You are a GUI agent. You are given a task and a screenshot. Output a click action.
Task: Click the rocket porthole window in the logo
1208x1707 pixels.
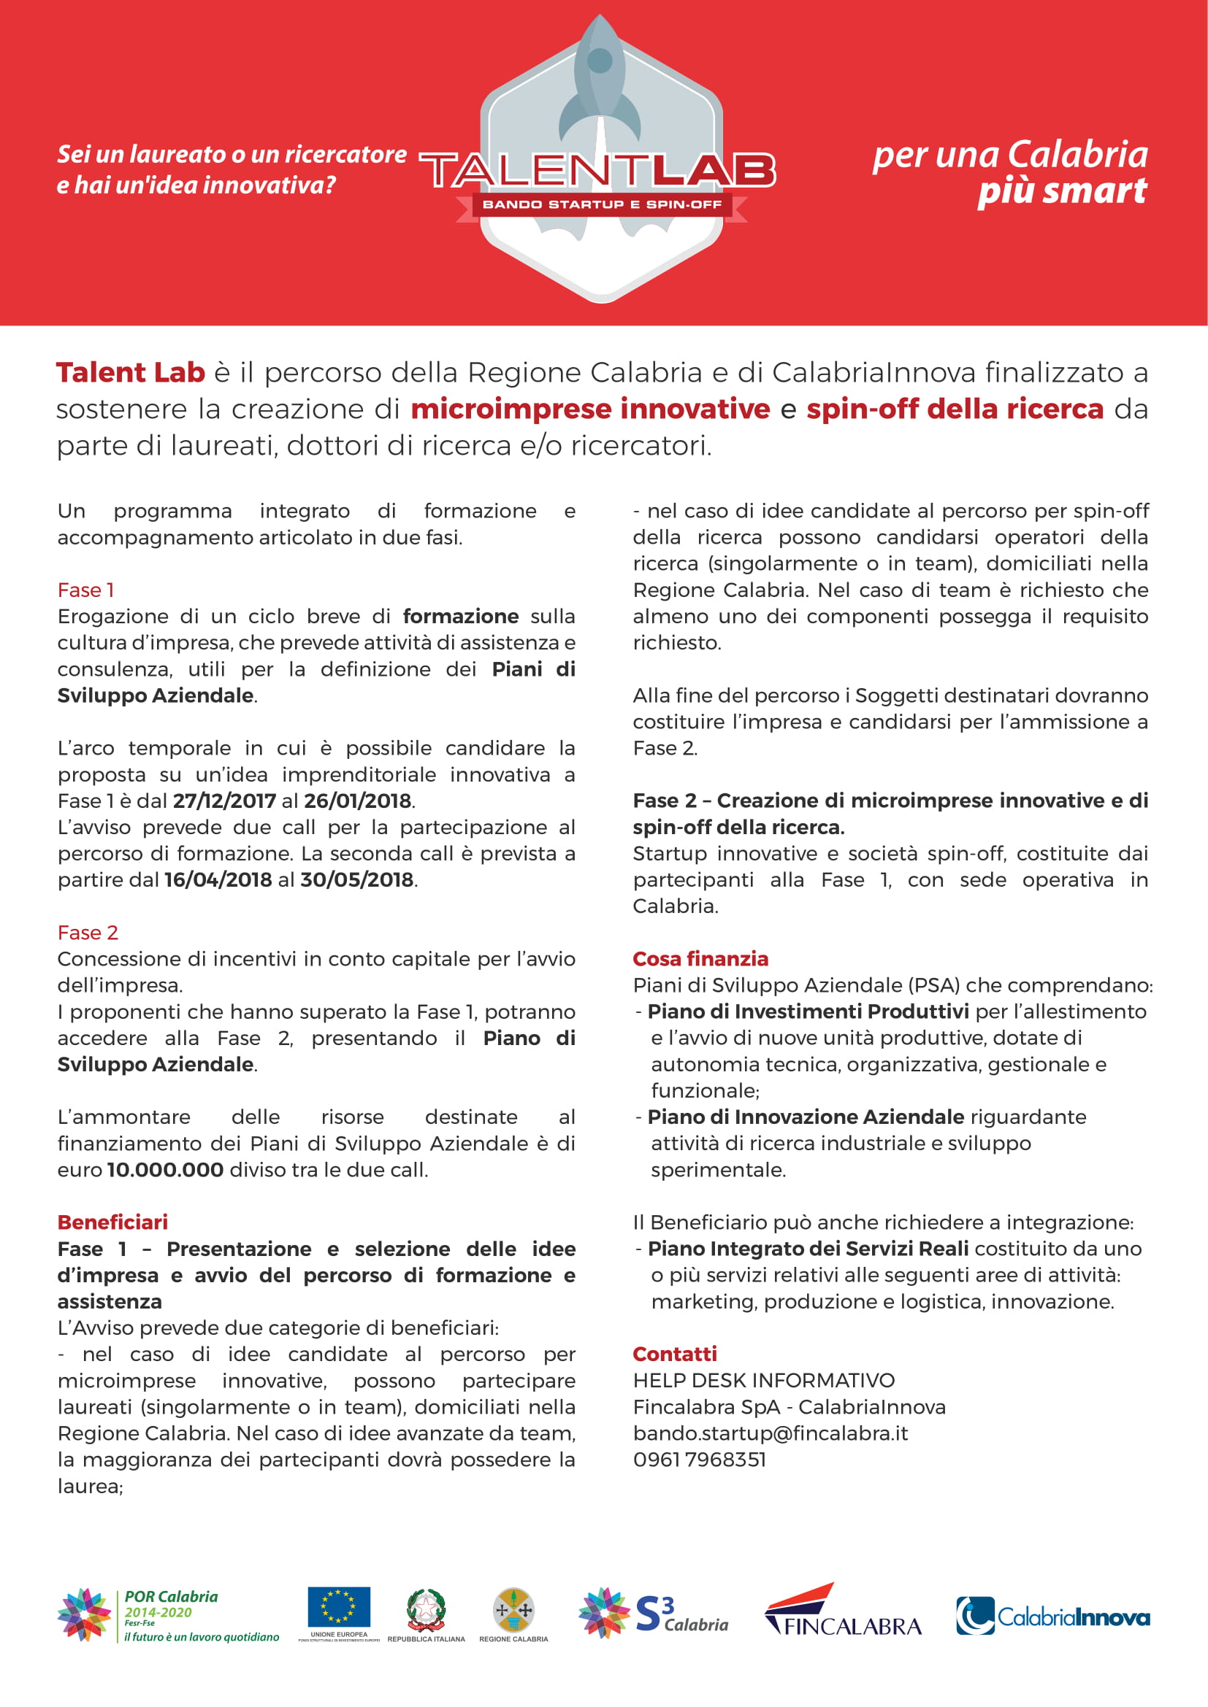[x=600, y=61]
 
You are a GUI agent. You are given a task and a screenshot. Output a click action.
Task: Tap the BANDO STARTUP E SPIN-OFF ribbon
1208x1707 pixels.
[x=602, y=204]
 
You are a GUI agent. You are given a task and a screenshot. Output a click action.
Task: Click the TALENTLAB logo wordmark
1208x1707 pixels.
[x=597, y=170]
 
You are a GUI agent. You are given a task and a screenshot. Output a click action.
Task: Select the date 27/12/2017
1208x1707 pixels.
[x=224, y=801]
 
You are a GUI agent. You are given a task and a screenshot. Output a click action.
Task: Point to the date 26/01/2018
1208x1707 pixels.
[x=357, y=801]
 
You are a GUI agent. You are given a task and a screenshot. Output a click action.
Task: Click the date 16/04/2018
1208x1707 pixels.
[x=218, y=879]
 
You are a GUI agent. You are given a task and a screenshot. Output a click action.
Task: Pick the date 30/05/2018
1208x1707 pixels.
[x=356, y=879]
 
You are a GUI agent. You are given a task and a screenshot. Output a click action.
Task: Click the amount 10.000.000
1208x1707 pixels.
[x=165, y=1169]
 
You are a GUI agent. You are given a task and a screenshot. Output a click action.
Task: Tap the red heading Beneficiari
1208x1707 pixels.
[x=112, y=1222]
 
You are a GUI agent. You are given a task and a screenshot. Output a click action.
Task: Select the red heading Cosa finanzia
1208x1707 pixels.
[x=700, y=959]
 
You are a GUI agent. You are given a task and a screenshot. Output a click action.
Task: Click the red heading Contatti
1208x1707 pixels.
[x=675, y=1354]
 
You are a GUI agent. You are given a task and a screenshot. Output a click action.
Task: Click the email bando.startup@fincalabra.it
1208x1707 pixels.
[x=770, y=1433]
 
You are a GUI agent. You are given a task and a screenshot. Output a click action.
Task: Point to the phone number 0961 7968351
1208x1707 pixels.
[x=699, y=1460]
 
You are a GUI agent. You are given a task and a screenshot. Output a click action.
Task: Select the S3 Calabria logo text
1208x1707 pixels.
[x=681, y=1615]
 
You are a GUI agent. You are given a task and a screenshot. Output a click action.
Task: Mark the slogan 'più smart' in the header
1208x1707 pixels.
[x=1061, y=190]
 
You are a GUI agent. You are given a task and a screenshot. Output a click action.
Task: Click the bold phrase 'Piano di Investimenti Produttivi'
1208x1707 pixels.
[x=808, y=1012]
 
